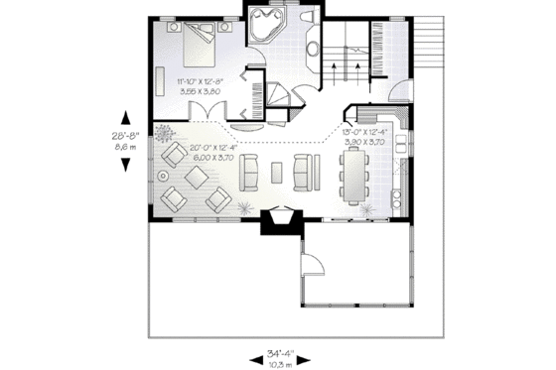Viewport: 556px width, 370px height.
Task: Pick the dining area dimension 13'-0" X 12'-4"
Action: pyautogui.click(x=362, y=133)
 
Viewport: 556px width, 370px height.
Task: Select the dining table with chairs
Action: pyautogui.click(x=352, y=177)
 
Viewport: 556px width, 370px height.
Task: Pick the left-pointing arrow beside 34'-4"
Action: pyautogui.click(x=248, y=353)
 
